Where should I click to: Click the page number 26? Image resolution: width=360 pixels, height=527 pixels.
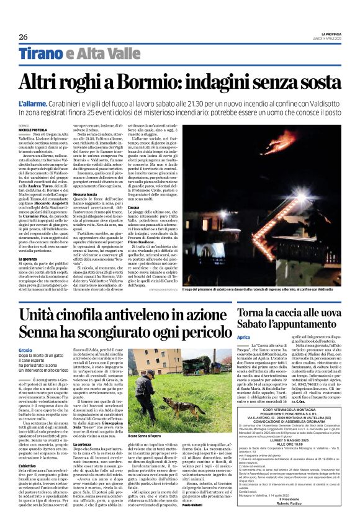click(24, 36)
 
